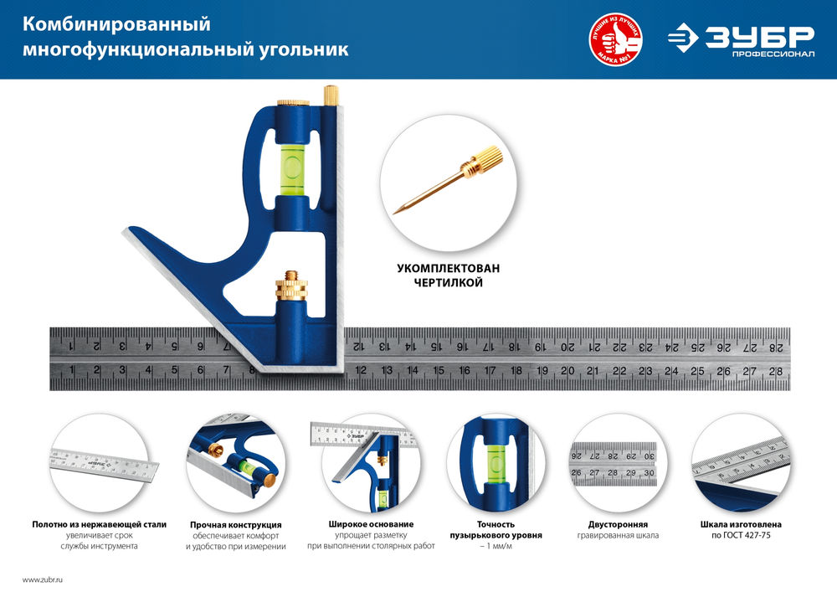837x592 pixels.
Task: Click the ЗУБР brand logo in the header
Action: point(740,38)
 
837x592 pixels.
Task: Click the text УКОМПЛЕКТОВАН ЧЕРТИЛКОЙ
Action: point(448,276)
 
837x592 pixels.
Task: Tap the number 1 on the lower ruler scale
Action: point(73,371)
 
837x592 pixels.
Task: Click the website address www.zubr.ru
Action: point(42,579)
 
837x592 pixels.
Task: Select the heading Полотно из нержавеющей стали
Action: point(99,524)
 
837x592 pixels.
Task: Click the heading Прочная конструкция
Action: point(235,524)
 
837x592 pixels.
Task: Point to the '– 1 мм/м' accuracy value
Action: point(495,546)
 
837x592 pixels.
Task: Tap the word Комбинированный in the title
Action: point(116,24)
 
